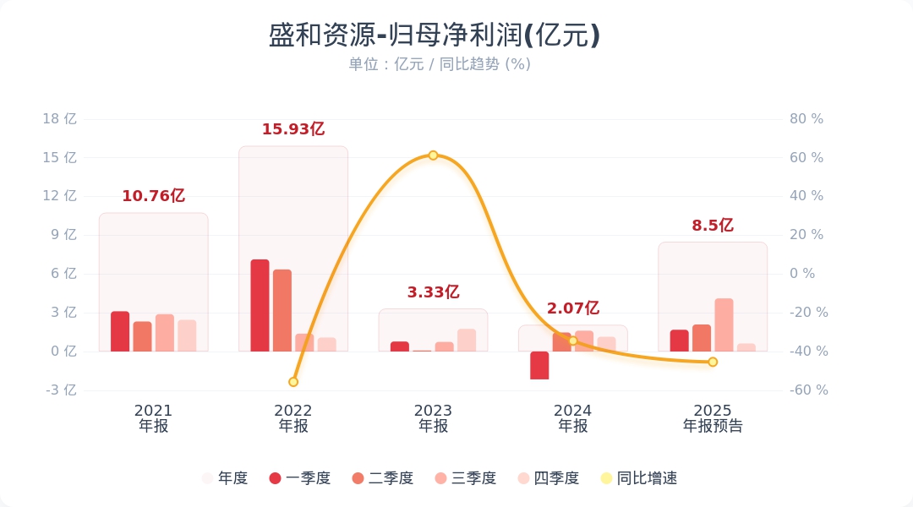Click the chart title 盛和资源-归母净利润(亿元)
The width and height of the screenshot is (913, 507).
[x=434, y=35]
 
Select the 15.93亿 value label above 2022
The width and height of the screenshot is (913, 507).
[x=292, y=129]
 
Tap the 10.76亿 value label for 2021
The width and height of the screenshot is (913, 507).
[x=153, y=196]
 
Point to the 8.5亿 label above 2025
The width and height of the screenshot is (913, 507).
[x=712, y=226]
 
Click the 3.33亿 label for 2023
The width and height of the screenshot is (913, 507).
[x=433, y=292]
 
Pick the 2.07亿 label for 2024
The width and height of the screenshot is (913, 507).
[x=572, y=308]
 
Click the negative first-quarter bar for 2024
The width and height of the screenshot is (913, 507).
[x=539, y=365]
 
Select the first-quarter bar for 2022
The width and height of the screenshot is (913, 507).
[x=260, y=305]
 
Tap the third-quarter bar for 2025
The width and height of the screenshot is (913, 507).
[x=724, y=324]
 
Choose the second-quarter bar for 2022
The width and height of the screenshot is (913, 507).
[x=282, y=310]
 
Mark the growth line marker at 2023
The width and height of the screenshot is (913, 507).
[x=433, y=155]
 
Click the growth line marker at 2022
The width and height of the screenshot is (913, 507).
[x=293, y=382]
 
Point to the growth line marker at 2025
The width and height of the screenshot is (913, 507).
[x=713, y=362]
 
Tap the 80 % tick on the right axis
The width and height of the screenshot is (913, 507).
[x=806, y=119]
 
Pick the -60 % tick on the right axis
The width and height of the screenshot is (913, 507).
[x=808, y=390]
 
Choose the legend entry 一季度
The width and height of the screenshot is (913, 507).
[x=299, y=478]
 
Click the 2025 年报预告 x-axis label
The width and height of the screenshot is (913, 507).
[x=713, y=418]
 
